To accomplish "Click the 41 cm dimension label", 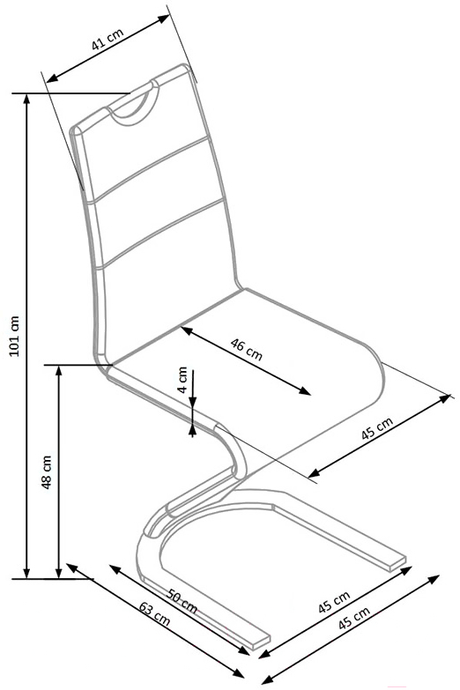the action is (x=108, y=40).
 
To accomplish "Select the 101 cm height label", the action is (x=14, y=336).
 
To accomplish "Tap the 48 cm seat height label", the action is (x=46, y=472).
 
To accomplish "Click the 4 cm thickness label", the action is (x=183, y=379).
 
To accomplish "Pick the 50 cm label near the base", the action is (x=182, y=601).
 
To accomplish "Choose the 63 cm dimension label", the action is (x=154, y=613).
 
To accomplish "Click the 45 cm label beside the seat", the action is (x=377, y=428).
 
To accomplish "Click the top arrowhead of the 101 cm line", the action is (x=27, y=99).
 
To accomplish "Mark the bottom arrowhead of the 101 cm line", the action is (x=27, y=573).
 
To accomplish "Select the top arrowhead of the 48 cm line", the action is (x=58, y=370).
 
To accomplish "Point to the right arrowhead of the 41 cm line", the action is (x=165, y=19).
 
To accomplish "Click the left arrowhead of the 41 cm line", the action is (x=51, y=78).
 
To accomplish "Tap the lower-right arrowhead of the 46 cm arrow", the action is (x=305, y=390).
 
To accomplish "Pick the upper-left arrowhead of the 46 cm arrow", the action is (x=187, y=330).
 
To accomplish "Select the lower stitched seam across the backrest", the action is (x=161, y=233).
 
